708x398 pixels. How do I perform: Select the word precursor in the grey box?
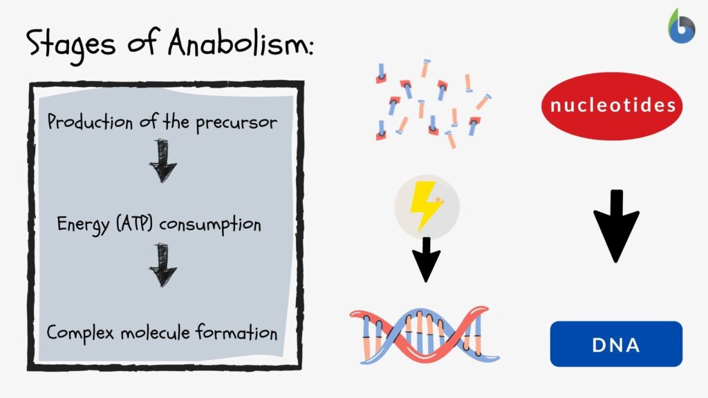click(x=235, y=124)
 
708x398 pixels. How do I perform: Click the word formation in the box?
click(x=236, y=332)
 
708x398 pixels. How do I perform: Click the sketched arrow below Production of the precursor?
click(x=163, y=160)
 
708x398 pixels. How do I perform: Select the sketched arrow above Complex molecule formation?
click(x=163, y=265)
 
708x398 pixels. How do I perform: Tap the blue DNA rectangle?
click(x=616, y=343)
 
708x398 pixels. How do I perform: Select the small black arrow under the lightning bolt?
click(x=426, y=259)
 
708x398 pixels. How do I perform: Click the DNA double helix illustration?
click(x=425, y=335)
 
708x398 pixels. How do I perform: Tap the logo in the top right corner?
click(x=681, y=27)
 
